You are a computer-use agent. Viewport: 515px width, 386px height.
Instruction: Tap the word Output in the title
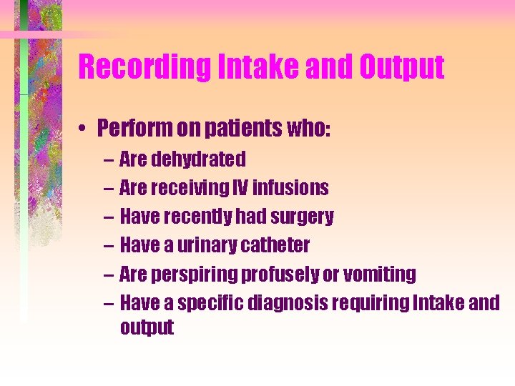401,67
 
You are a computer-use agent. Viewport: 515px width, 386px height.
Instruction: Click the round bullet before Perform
84,128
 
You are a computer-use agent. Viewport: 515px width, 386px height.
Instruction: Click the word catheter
275,245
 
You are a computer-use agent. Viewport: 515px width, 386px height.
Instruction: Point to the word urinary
208,245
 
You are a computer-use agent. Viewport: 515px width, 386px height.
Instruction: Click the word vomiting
380,274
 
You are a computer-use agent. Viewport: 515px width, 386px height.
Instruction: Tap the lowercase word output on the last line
147,327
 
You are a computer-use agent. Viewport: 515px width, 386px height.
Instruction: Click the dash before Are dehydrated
107,159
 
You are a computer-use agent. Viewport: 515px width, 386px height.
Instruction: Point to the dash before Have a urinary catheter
107,245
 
